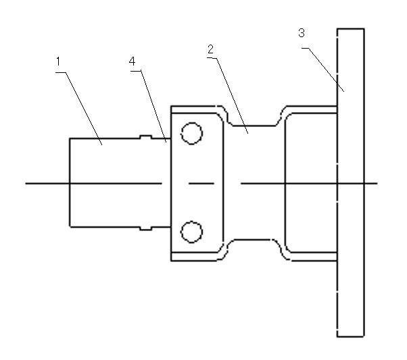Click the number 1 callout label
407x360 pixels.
[59, 61]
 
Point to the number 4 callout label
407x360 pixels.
[133, 61]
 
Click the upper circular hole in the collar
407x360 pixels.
[192, 133]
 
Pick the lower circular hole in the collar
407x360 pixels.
[192, 232]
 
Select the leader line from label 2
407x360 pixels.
[230, 91]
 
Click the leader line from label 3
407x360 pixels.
[324, 68]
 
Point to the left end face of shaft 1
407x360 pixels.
[69, 182]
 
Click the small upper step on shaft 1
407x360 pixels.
[145, 136]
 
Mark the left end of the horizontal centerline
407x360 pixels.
[27, 183]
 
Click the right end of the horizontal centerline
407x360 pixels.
[376, 183]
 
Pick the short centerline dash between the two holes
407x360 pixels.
[202, 183]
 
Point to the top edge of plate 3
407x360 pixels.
[350, 28]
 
